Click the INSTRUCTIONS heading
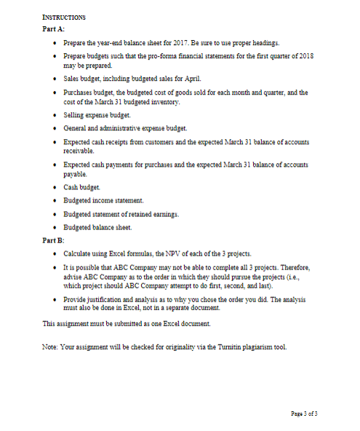[x=65, y=16]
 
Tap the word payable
[x=76, y=175]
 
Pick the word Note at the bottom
[x=51, y=346]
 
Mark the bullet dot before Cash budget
[x=55, y=187]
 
